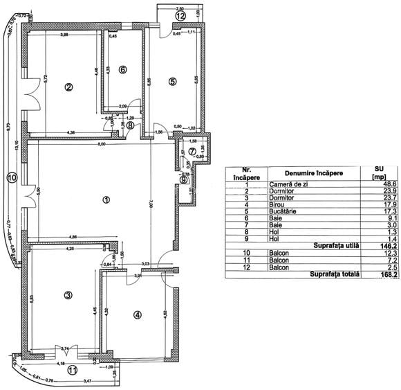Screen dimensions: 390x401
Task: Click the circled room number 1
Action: (106, 200)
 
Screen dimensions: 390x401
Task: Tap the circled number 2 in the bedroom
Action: (68, 87)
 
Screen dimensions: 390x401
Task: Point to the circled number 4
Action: (137, 314)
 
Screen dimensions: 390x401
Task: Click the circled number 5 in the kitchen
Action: (173, 81)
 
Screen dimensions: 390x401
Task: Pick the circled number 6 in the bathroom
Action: (122, 69)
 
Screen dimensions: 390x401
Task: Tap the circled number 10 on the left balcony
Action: (10, 177)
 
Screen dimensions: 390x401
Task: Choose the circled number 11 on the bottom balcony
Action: (72, 370)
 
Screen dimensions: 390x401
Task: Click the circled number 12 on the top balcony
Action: (180, 15)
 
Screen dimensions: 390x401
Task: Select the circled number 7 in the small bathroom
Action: (192, 152)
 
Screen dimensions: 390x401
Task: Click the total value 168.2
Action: (377, 274)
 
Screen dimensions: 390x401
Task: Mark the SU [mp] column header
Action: (378, 174)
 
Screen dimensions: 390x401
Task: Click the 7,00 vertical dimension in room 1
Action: (151, 205)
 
